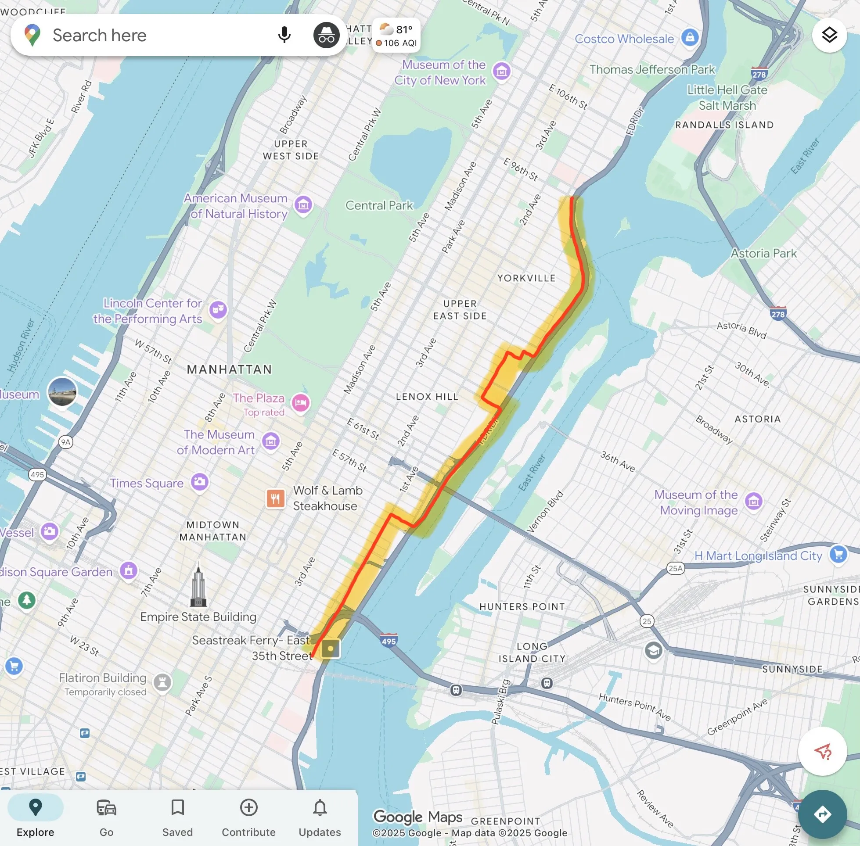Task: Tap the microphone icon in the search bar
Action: click(x=284, y=35)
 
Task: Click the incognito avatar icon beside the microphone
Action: click(x=326, y=36)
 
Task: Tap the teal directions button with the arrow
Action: click(x=822, y=814)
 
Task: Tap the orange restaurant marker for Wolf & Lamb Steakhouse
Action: click(x=276, y=498)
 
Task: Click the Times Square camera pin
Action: click(x=200, y=482)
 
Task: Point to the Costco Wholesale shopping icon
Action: click(x=690, y=38)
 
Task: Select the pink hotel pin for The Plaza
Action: click(x=301, y=403)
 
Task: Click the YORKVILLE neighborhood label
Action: click(x=526, y=278)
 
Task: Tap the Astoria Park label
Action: click(x=763, y=253)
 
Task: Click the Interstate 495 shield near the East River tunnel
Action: click(x=389, y=640)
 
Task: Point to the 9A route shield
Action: click(x=66, y=442)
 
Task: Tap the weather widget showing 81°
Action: click(x=396, y=36)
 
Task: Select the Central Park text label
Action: click(x=379, y=205)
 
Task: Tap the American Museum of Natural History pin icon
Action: click(x=303, y=205)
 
